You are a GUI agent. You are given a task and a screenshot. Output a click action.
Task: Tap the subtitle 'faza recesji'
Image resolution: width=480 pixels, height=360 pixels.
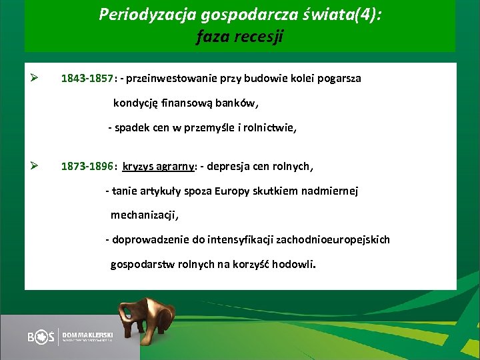point(239,37)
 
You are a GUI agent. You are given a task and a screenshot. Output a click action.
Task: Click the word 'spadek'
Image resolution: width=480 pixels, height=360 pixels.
point(131,129)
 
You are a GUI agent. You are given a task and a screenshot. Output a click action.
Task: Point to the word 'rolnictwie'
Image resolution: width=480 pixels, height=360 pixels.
point(271,129)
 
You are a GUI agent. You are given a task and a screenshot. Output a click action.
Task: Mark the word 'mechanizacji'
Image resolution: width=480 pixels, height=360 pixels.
point(144,215)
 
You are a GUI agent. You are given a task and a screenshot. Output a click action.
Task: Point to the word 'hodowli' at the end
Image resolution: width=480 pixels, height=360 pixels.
point(293,264)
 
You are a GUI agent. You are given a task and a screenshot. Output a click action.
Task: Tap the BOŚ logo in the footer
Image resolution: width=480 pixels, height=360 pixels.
point(41,337)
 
